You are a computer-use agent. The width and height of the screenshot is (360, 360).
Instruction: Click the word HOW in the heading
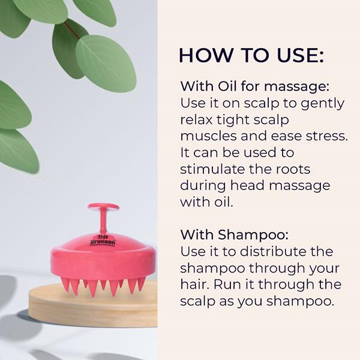coord(206,55)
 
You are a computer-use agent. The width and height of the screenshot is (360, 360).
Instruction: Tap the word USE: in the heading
coord(301,55)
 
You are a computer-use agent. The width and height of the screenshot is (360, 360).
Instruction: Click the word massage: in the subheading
coord(296,88)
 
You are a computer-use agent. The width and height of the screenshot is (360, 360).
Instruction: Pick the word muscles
coord(209,136)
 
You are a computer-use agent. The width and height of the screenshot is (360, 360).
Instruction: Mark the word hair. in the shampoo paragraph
coord(194,284)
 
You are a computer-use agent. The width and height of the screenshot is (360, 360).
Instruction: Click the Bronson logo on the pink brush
coord(103,241)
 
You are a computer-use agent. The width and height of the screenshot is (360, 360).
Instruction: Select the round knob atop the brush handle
coord(103,206)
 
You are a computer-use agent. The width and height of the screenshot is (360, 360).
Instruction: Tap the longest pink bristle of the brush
coord(92,288)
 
